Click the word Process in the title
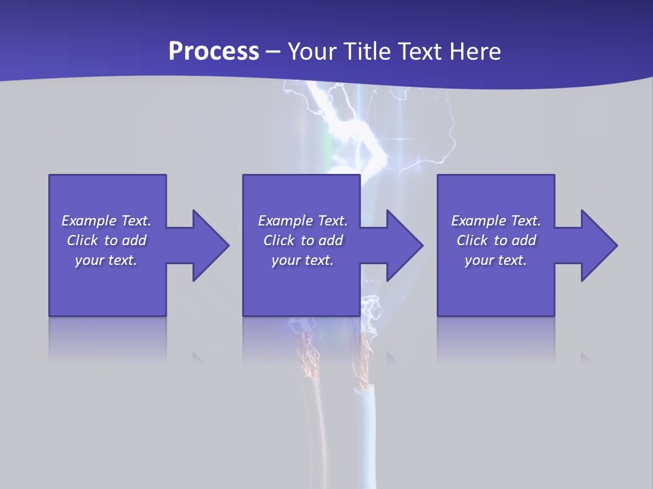pyautogui.click(x=214, y=52)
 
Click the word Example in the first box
pyautogui.click(x=89, y=221)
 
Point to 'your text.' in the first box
pyautogui.click(x=106, y=260)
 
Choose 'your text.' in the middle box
pyautogui.click(x=302, y=260)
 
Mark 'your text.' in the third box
pyautogui.click(x=496, y=260)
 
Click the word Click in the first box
pyautogui.click(x=82, y=240)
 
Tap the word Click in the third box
pyautogui.click(x=472, y=240)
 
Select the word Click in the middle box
pyautogui.click(x=279, y=240)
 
